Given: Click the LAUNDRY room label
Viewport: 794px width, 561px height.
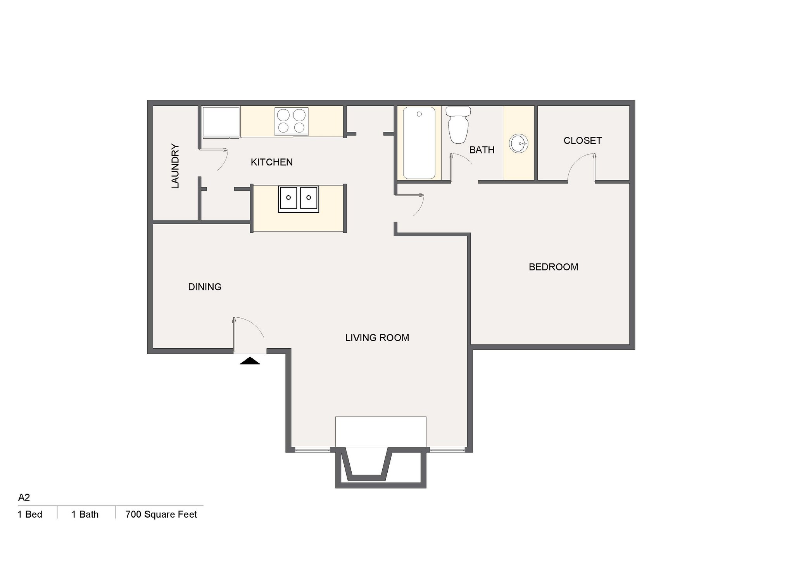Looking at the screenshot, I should coord(175,166).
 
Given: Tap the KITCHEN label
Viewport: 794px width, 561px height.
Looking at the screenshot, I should coord(271,162).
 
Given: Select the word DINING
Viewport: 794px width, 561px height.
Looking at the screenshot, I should coord(205,287).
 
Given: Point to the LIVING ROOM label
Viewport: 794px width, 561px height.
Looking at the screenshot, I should coord(377,338).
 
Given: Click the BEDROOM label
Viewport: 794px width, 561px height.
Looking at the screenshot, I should coord(553,267).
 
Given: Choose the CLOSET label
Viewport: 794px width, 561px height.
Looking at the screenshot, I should coord(582,141).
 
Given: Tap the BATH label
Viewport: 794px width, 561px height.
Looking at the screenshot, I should coord(482,150).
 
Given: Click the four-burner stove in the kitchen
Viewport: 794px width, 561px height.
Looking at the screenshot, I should coord(292,121).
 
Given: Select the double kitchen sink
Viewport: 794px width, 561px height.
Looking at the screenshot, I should coord(299,199).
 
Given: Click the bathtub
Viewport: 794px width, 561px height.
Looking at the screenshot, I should coord(419,143).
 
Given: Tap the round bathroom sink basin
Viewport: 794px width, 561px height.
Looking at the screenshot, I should coord(518,144).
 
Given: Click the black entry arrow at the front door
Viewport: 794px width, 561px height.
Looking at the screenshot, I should coord(250,361).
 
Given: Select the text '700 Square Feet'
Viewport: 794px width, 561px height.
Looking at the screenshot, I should coord(161,515).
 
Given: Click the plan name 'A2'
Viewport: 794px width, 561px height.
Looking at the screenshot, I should coord(24,497).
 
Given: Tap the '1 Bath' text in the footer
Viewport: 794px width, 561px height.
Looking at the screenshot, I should coord(85,515).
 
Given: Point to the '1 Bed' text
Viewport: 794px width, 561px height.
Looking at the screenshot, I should coord(30,515).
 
